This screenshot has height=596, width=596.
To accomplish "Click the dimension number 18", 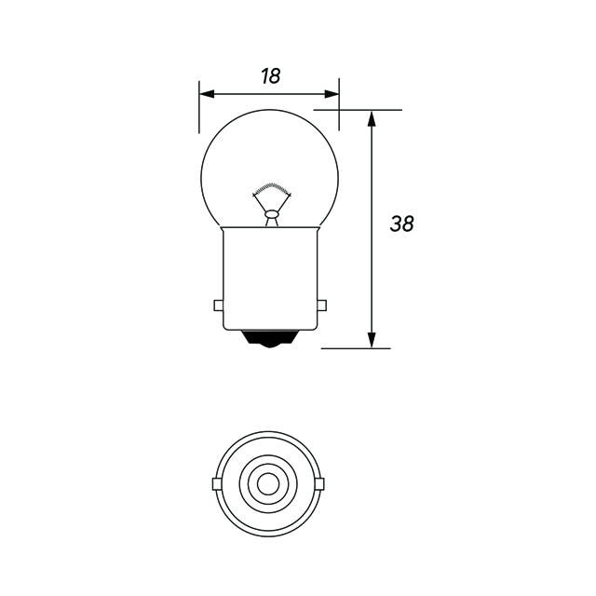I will [270, 76].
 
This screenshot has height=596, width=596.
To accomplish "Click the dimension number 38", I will [402, 223].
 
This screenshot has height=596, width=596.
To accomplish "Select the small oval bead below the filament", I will [271, 215].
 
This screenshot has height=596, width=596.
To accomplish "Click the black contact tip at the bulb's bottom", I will [269, 341].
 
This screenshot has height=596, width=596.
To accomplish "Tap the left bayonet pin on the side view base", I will [218, 305].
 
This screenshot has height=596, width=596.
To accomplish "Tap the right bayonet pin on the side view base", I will [322, 305].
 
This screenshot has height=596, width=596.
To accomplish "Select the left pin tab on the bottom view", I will [216, 484].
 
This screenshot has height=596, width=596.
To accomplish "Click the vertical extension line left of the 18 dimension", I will [199, 107].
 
